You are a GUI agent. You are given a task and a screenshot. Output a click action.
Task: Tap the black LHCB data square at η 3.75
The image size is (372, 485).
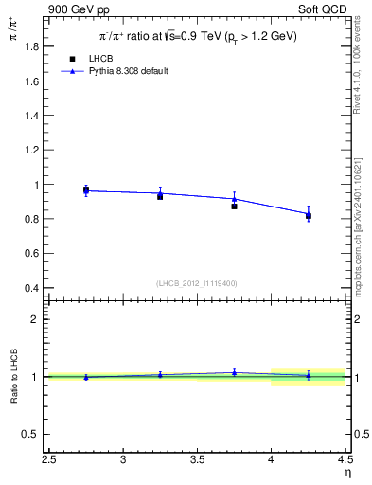234,206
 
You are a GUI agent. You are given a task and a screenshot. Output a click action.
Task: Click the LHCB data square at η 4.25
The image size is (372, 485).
309,216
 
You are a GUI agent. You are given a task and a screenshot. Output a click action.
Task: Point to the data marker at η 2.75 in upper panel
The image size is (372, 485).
86,190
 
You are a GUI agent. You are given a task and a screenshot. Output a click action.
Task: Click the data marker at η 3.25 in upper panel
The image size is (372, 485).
160,195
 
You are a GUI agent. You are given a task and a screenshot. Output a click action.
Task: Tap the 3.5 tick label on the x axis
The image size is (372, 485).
197,460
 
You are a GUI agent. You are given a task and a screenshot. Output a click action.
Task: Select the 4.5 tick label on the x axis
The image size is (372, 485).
345,460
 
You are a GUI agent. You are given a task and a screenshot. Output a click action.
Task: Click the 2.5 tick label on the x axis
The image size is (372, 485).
50,460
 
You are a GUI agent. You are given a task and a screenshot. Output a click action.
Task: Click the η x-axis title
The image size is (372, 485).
346,474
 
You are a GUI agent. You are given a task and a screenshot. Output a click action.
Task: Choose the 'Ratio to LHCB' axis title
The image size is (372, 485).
13,377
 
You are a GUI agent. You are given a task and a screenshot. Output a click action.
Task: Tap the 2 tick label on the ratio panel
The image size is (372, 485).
35,320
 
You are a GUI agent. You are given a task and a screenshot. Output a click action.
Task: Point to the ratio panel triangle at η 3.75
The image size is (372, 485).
234,372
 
